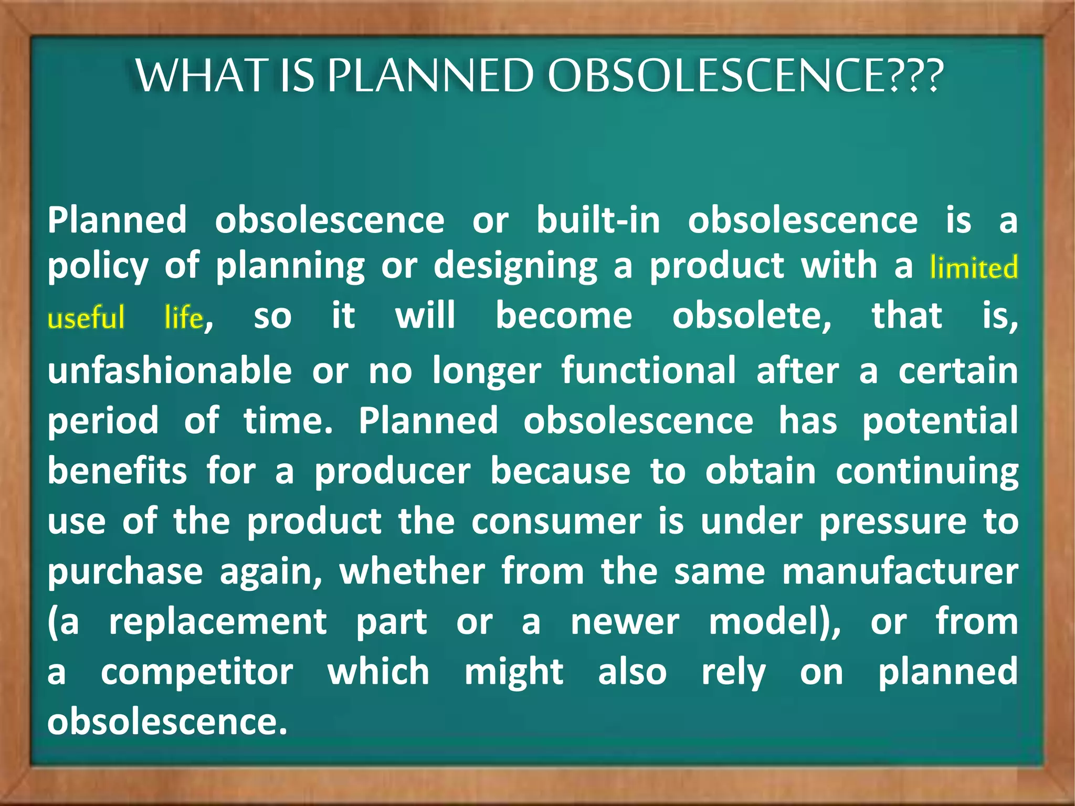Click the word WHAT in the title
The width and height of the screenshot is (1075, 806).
(203, 76)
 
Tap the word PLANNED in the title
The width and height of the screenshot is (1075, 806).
(430, 76)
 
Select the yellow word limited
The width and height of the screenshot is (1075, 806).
(974, 267)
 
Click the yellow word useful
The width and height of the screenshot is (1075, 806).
(86, 318)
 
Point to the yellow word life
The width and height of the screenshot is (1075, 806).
(183, 318)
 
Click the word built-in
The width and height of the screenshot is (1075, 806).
(598, 220)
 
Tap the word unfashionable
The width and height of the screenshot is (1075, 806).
(170, 370)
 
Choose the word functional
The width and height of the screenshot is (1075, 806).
(648, 370)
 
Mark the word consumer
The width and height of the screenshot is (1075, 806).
(556, 522)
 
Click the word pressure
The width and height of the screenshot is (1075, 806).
(892, 523)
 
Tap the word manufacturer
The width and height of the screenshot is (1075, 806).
(900, 571)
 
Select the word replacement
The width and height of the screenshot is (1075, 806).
(218, 622)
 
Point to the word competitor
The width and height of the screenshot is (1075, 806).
(197, 672)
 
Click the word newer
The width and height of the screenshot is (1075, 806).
(625, 622)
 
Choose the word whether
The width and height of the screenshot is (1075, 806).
(412, 571)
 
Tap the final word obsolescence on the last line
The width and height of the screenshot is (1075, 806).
(167, 722)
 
